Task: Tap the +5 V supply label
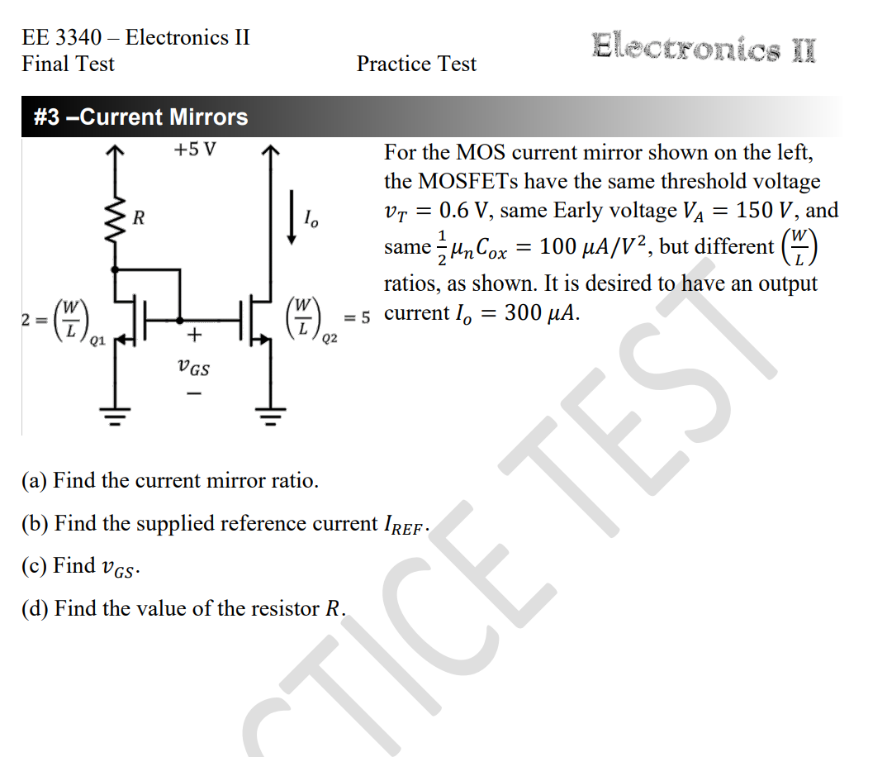(x=194, y=151)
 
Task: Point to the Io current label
(x=311, y=219)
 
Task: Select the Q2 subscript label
(x=330, y=338)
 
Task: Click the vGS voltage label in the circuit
(x=194, y=368)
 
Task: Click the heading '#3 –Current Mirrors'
(x=140, y=117)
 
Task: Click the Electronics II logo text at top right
(x=704, y=46)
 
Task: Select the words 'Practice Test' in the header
(x=416, y=64)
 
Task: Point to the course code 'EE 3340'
(x=62, y=37)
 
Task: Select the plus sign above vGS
(x=194, y=335)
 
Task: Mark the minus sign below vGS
(x=194, y=394)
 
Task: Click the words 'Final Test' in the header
(x=68, y=64)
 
